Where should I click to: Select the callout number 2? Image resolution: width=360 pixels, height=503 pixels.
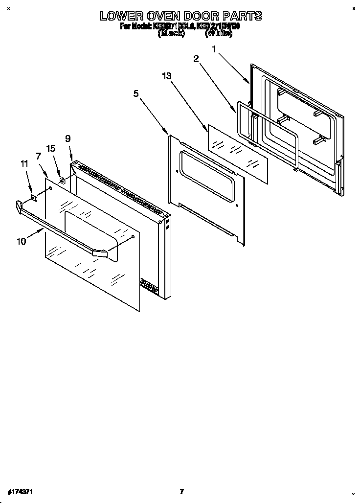click(196, 59)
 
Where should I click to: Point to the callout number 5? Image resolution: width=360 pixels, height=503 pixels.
click(135, 93)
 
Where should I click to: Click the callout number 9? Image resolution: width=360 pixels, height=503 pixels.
click(68, 138)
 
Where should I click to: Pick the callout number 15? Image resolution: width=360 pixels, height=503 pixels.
click(51, 148)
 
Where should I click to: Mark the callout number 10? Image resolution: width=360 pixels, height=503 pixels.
click(21, 241)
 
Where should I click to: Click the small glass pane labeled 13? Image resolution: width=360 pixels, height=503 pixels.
click(238, 154)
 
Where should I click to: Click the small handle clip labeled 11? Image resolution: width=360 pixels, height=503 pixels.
click(33, 198)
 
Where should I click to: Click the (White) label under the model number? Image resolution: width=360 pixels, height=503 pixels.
click(219, 34)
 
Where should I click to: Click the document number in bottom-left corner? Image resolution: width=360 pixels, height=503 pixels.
click(20, 491)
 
